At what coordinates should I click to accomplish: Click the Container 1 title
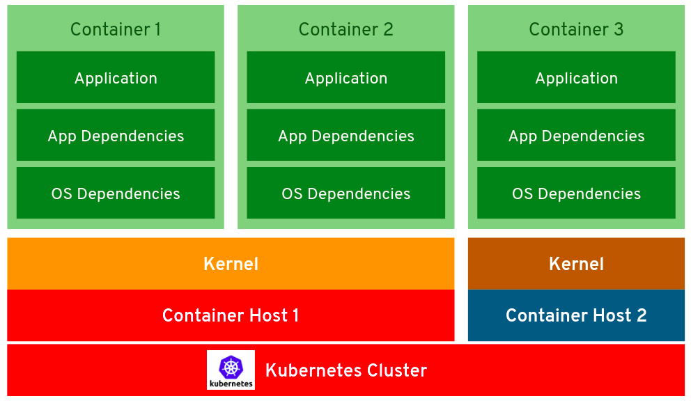coord(116,29)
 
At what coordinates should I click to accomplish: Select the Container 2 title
coord(345,29)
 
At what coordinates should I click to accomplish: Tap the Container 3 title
coord(576,29)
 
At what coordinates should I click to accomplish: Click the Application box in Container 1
coord(116,78)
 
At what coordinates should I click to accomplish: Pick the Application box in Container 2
coord(345,78)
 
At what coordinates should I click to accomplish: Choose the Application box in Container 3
coord(576,78)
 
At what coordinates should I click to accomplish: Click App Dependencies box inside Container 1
coord(116,136)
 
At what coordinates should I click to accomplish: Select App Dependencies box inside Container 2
coord(345,136)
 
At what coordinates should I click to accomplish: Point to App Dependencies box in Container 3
coord(576,136)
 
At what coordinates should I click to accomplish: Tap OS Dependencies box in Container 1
coord(116,193)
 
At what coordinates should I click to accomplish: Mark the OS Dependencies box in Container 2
coord(345,193)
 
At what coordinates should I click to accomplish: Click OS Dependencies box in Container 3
coord(576,193)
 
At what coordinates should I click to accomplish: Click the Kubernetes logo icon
coord(231,370)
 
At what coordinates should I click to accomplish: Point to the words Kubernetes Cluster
coord(346,370)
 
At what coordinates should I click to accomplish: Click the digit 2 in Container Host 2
coord(641,315)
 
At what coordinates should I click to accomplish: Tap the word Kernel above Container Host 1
coord(231,264)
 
